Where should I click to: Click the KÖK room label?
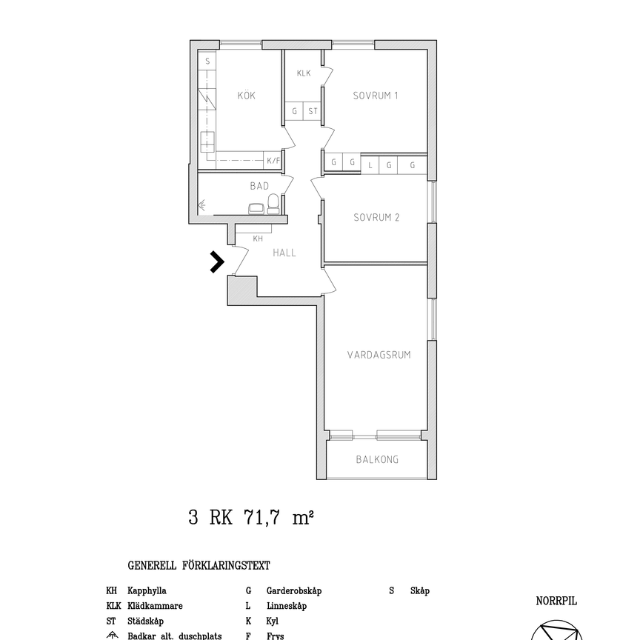[x=246, y=96]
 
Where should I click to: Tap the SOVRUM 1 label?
[x=376, y=96]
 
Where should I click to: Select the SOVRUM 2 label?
[x=376, y=218]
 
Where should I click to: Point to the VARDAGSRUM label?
[x=379, y=355]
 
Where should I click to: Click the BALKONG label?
[x=377, y=459]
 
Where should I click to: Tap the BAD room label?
[x=259, y=187]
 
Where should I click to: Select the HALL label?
[x=284, y=253]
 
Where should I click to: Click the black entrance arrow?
[x=216, y=262]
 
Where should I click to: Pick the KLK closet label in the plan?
[x=304, y=73]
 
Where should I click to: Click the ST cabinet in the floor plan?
[x=313, y=112]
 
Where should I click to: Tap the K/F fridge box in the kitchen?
[x=273, y=161]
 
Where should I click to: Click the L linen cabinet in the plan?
[x=370, y=165]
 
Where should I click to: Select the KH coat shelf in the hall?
[x=258, y=239]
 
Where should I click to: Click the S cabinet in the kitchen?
[x=208, y=62]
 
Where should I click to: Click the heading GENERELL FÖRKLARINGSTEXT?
[x=199, y=565]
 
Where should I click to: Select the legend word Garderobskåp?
[x=293, y=591]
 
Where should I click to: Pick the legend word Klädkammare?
[x=155, y=606]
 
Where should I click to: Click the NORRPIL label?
[x=556, y=601]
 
